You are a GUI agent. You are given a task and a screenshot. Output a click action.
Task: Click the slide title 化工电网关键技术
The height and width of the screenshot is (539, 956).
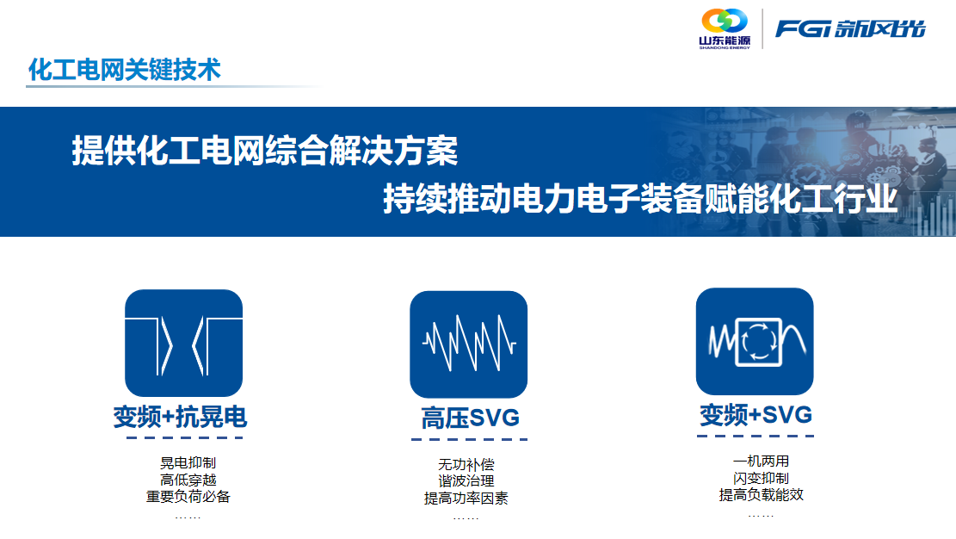tap(125, 69)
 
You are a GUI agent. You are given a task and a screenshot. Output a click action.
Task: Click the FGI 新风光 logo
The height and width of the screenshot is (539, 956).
tap(849, 28)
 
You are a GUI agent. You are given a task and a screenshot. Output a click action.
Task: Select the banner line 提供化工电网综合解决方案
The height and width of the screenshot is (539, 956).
tap(264, 152)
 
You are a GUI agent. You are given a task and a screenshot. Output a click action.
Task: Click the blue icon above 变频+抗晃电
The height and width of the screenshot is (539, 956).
tap(183, 343)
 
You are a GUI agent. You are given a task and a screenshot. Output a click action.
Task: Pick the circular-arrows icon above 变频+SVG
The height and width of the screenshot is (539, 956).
tap(754, 341)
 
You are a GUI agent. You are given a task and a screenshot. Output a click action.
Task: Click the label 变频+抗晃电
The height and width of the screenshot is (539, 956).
tap(180, 418)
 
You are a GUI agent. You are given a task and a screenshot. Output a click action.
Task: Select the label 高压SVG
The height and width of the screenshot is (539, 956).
tap(470, 419)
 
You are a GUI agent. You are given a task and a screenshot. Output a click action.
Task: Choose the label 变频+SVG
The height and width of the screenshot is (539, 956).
tap(756, 416)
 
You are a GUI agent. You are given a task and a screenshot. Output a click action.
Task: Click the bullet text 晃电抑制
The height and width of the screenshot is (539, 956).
tap(188, 463)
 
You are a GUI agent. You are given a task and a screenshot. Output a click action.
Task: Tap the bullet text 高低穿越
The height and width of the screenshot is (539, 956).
tap(188, 480)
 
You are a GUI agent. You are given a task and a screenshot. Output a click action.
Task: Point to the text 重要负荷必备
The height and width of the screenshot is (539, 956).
tap(188, 497)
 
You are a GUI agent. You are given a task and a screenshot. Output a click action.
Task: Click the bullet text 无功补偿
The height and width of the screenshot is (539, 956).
tap(466, 465)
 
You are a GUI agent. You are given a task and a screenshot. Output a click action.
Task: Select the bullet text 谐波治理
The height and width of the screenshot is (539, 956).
tap(466, 481)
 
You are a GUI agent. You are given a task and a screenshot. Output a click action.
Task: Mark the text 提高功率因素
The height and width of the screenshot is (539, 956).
tap(466, 499)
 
